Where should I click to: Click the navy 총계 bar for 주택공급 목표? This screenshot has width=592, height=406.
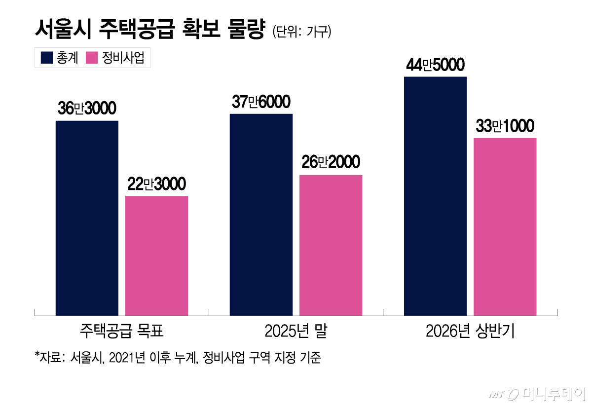click(87, 218)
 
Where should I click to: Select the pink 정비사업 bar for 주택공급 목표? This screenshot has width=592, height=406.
click(156, 256)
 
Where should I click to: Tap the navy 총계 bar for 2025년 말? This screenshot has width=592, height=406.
click(261, 215)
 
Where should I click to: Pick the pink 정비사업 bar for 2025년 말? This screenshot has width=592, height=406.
click(331, 245)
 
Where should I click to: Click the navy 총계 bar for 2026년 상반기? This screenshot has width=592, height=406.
click(435, 196)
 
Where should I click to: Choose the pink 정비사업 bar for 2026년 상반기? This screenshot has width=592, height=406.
click(505, 226)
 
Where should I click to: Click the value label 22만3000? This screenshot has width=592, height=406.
click(156, 184)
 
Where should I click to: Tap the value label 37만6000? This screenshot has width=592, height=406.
click(261, 102)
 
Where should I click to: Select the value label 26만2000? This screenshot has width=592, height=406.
click(331, 163)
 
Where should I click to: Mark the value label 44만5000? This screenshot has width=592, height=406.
click(435, 65)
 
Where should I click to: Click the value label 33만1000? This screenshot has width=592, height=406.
click(505, 126)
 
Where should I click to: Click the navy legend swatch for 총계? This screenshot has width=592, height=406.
click(47, 58)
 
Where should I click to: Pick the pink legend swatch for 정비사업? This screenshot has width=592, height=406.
click(92, 58)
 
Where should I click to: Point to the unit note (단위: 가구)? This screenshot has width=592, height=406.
click(301, 32)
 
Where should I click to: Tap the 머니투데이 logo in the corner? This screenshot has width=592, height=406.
click(538, 394)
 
